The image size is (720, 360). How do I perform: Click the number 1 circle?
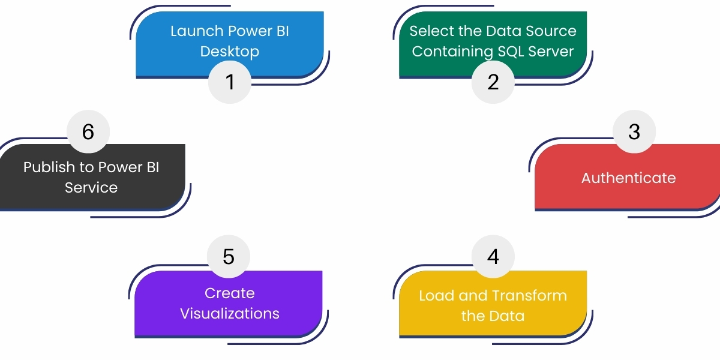point(230,82)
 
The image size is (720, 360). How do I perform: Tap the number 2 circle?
point(493,82)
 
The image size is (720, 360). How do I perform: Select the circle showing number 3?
point(634,131)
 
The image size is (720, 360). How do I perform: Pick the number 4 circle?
point(493,256)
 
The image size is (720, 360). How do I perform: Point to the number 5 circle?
point(229,256)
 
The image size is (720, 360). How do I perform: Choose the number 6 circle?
point(88,131)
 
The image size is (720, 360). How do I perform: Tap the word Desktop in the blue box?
point(230,52)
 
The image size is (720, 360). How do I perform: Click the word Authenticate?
point(628,178)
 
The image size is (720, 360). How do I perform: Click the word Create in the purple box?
point(230,293)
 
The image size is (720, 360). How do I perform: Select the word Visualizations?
point(230,314)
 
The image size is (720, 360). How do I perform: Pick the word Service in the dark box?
point(91,188)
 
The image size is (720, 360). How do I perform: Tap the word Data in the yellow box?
point(509,316)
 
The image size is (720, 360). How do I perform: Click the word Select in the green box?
point(428,31)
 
